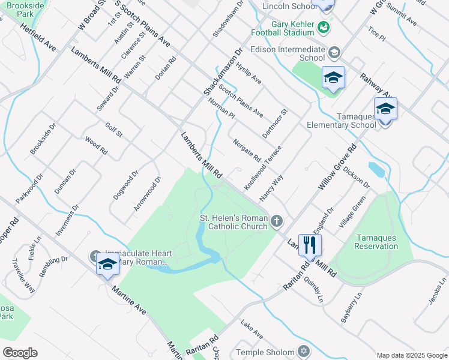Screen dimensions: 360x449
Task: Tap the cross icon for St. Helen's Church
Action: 277,221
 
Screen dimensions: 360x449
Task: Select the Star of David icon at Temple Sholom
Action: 304,351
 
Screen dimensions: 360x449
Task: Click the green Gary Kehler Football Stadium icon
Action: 323,27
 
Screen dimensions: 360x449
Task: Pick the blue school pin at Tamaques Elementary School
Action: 385,109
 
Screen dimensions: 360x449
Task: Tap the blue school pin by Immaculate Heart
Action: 107,264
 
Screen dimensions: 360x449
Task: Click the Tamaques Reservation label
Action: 376,242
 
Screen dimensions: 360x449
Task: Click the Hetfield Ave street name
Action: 38,37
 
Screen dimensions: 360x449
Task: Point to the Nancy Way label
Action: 271,188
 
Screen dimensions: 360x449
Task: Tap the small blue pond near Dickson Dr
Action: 376,170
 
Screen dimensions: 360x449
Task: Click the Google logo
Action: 20,353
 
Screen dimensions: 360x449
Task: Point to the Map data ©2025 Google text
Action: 411,355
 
